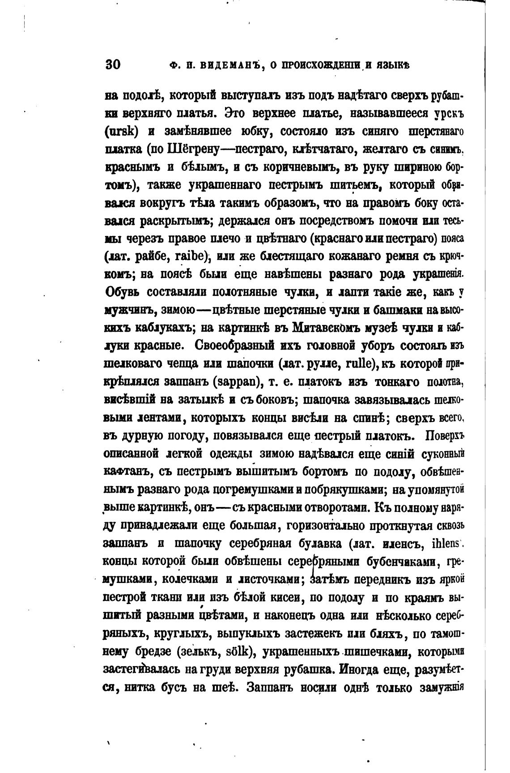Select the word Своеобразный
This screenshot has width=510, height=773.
click(x=247, y=346)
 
